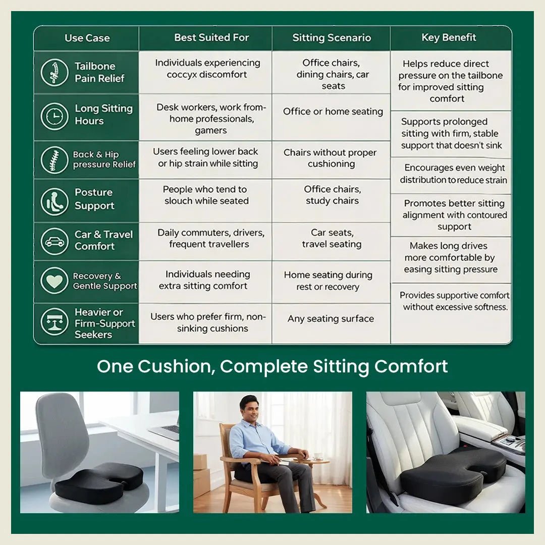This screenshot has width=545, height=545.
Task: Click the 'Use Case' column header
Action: click(x=87, y=38)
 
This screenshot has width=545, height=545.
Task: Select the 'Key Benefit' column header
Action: click(x=449, y=38)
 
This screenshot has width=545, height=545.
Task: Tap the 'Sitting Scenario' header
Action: click(x=332, y=38)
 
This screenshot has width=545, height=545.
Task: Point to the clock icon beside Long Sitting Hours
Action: click(x=54, y=117)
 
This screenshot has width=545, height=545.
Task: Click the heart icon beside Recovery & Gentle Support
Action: click(x=54, y=281)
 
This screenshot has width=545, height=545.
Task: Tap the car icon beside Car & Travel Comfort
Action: click(x=54, y=241)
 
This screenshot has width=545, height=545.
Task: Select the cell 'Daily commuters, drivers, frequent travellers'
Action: click(x=210, y=239)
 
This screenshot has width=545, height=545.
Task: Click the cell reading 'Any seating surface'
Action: click(x=331, y=319)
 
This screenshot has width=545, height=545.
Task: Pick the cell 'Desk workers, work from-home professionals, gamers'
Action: click(x=210, y=119)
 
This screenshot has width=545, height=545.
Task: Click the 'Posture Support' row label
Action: click(x=94, y=199)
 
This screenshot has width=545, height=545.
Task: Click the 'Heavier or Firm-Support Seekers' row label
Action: click(x=104, y=323)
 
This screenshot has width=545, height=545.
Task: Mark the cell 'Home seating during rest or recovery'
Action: click(x=328, y=281)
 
